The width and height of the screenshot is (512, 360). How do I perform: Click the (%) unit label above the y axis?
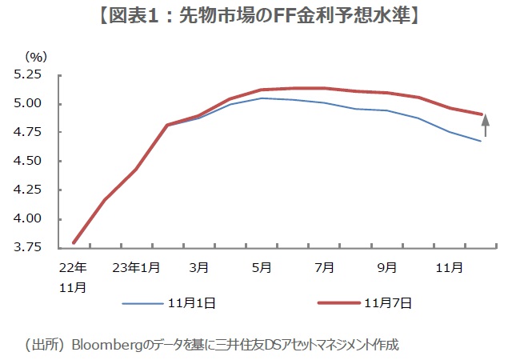click(36, 56)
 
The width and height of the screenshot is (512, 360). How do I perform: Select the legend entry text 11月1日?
click(193, 303)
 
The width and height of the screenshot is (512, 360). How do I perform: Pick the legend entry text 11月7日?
click(388, 303)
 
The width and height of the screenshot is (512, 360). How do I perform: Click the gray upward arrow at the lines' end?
click(485, 126)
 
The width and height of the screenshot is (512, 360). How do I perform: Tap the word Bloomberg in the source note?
click(102, 345)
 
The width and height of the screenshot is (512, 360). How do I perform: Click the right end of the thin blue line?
click(480, 141)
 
